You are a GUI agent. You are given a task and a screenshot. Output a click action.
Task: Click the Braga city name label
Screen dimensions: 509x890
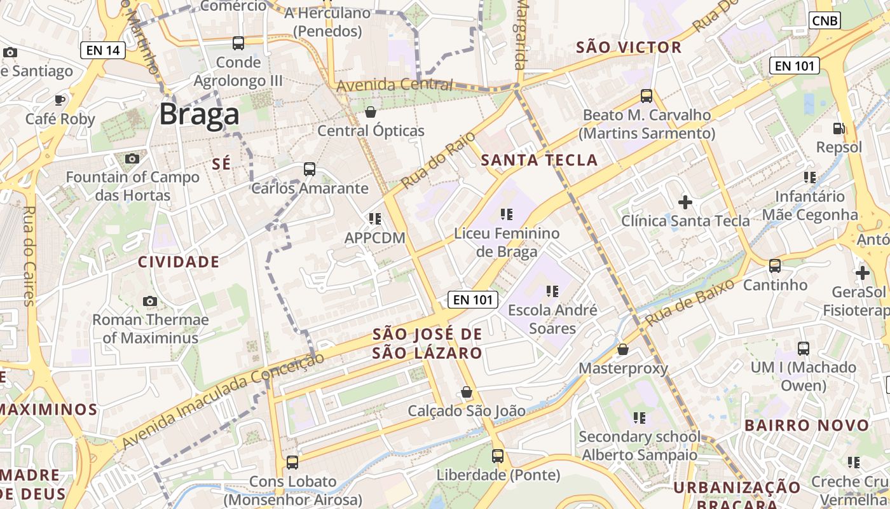coord(199,115)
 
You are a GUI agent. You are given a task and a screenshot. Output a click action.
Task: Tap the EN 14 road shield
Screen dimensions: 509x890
coord(103,50)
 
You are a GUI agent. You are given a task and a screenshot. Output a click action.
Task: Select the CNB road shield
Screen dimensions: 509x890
coord(826,20)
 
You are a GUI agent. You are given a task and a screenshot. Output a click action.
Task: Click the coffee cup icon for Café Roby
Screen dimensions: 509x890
coord(60,100)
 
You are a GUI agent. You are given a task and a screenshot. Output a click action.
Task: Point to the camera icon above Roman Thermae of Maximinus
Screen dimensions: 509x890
coord(150,301)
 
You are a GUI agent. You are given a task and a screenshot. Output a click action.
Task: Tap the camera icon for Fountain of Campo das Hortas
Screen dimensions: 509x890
coord(132,158)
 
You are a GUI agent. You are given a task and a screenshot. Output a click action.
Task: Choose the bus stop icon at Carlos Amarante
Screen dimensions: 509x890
coord(310,169)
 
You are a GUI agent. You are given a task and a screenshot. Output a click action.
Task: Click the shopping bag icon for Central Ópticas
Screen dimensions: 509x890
coord(371,112)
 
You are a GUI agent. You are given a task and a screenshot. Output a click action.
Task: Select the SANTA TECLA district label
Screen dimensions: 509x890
coord(539,160)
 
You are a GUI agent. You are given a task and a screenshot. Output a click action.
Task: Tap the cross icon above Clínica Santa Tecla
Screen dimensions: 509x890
coord(685,202)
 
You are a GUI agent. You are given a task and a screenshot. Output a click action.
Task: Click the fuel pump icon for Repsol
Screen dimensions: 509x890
coord(839,129)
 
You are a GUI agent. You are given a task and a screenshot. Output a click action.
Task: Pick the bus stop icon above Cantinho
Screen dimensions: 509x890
coord(775,265)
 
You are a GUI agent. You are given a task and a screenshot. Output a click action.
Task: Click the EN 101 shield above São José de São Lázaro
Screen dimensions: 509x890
coord(472,299)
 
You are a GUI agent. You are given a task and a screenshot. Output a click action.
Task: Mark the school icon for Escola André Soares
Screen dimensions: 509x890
coord(552,291)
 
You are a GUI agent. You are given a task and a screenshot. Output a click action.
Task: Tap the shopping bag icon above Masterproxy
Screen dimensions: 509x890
coord(623,349)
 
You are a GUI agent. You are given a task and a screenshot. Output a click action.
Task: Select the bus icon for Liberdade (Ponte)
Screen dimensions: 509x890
coord(498,456)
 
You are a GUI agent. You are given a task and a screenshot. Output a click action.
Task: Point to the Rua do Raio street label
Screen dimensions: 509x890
coord(430,164)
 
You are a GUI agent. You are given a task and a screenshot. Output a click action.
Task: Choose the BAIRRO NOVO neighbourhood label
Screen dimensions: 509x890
coord(807,425)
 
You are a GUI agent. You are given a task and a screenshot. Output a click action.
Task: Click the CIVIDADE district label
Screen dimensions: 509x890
coord(179,262)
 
